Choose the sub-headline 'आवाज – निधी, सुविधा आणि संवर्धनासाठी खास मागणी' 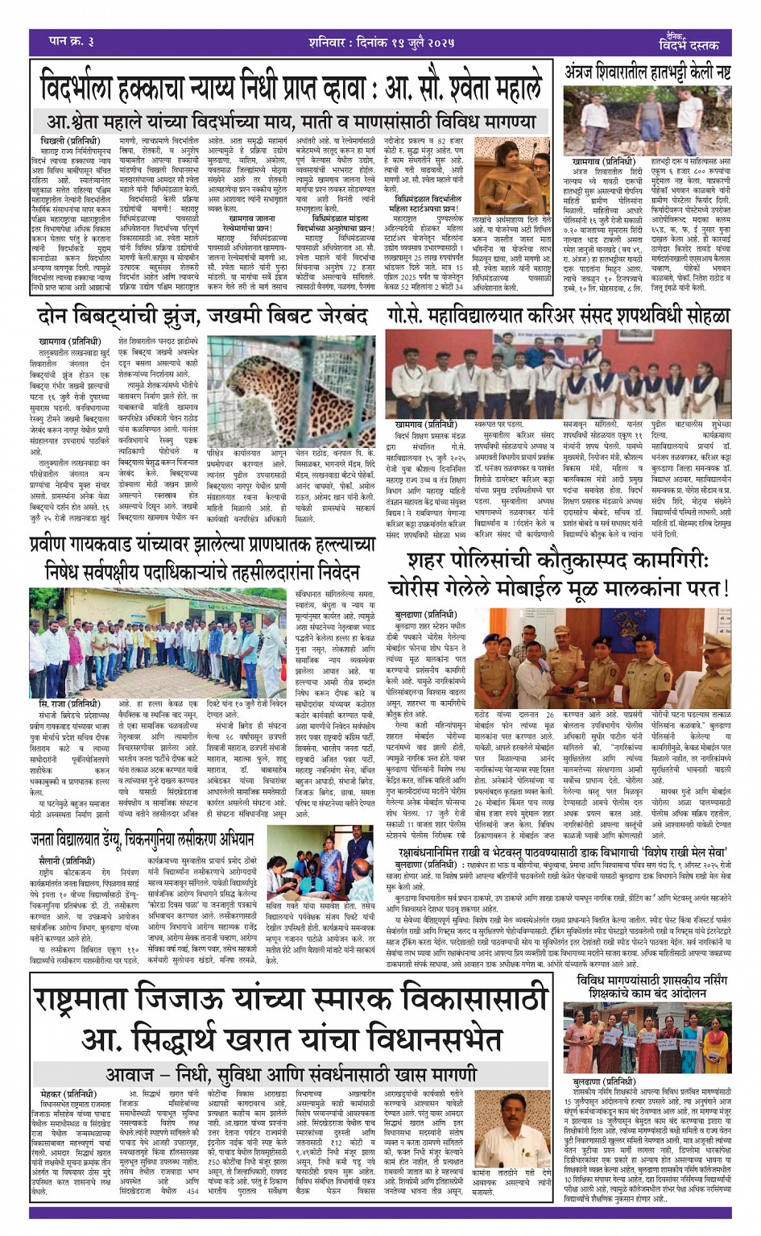(291, 1074)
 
